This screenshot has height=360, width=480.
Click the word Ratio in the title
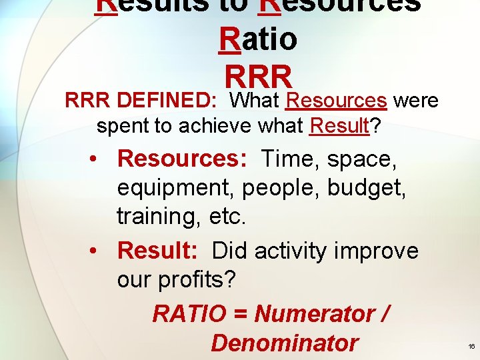point(258,39)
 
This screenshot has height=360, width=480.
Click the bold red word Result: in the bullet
point(157,251)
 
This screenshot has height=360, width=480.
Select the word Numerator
point(316,313)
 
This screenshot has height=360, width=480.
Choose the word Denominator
point(284,343)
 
